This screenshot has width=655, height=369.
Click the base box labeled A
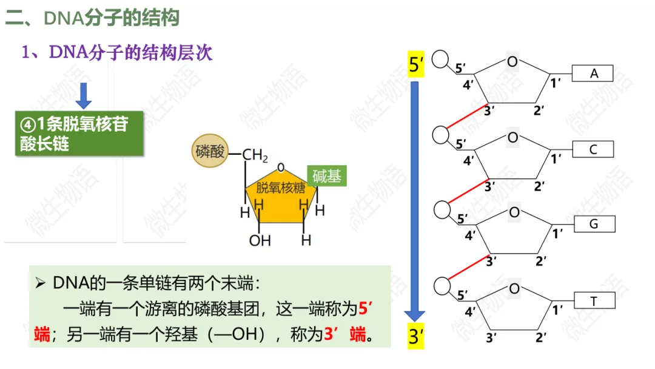click(593, 73)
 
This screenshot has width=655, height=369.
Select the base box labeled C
click(593, 149)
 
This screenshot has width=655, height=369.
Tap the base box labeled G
click(593, 225)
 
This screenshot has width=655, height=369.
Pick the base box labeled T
click(593, 300)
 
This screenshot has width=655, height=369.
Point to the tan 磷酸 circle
click(210, 151)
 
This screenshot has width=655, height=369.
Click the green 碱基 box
click(327, 176)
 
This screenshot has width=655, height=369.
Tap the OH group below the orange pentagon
click(260, 241)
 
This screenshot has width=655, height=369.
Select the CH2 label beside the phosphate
click(255, 156)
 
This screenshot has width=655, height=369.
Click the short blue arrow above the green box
click(84, 95)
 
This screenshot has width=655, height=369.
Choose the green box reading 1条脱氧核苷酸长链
click(79, 134)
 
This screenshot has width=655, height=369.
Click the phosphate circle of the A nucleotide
click(441, 59)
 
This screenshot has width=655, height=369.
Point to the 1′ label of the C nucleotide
click(556, 159)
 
